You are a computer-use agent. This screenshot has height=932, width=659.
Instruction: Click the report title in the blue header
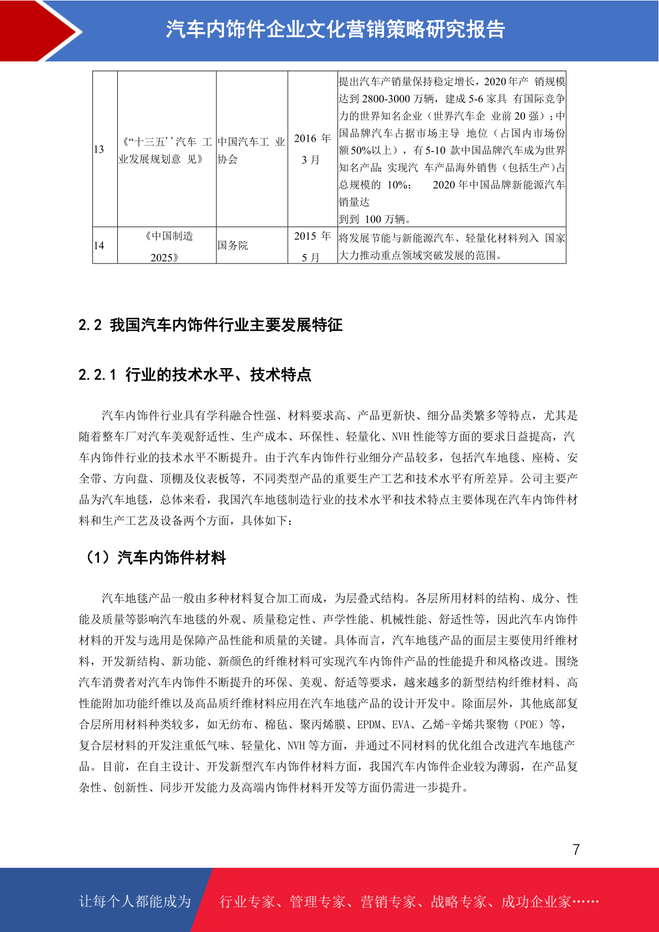point(335,29)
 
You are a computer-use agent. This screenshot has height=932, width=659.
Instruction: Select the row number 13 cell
point(105,149)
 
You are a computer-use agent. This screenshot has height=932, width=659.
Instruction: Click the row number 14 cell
point(105,245)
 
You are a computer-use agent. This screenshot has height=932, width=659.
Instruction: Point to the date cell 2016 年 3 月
point(312,149)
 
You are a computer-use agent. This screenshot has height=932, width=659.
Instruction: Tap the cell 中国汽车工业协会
point(251,150)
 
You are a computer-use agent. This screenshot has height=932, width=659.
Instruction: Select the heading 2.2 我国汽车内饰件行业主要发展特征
point(210,325)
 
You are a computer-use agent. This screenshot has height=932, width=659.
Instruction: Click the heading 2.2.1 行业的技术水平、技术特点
point(195,375)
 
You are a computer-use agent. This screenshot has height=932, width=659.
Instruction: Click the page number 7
point(576,850)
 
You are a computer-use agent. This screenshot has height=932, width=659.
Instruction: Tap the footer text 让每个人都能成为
point(135,902)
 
